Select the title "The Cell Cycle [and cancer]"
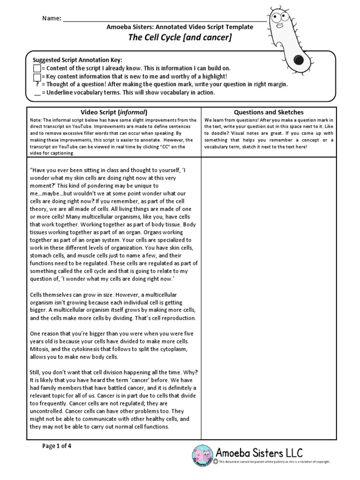pos(180,38)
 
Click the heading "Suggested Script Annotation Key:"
pos(77,60)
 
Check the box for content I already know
pos(37,68)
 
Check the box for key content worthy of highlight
pos(37,76)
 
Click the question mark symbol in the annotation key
pos(37,84)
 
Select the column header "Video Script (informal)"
pos(114,112)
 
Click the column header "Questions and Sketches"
pos(269,112)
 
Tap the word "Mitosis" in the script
pos(41,349)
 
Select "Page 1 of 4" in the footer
pos(57,446)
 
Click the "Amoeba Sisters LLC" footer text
pos(259,453)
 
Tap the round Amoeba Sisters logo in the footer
pos(203,455)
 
